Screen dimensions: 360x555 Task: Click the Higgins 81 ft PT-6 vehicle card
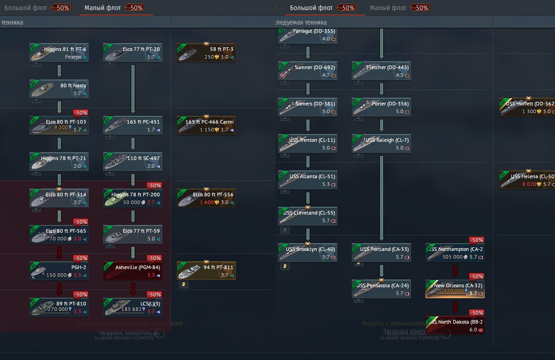tap(59, 52)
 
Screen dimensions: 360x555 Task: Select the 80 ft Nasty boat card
tap(59, 89)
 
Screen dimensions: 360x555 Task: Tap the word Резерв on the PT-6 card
tap(73, 57)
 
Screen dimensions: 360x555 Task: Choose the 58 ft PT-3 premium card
tap(206, 53)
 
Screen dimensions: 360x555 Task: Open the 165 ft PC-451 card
tap(133, 125)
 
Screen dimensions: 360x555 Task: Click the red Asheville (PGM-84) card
tap(133, 270)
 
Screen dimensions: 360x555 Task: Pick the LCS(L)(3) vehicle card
tap(133, 307)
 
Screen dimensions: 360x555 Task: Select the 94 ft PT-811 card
tap(206, 270)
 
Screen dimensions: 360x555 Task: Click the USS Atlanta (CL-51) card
tap(308, 180)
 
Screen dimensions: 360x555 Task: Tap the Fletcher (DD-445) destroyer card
tap(381, 70)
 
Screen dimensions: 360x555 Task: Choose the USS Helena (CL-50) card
tap(527, 180)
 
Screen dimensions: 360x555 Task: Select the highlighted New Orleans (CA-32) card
tap(455, 289)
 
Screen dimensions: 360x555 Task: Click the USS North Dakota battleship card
tap(455, 325)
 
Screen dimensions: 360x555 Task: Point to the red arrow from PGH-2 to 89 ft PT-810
tap(59, 289)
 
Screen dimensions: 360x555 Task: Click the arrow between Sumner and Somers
tap(308, 89)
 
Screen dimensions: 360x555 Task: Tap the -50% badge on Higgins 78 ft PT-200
tap(154, 185)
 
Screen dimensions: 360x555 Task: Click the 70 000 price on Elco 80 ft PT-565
tap(58, 239)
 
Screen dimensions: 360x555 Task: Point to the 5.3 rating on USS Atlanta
tap(325, 185)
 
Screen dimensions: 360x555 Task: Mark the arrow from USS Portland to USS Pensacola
tap(381, 270)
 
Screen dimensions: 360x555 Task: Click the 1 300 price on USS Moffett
tap(529, 111)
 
